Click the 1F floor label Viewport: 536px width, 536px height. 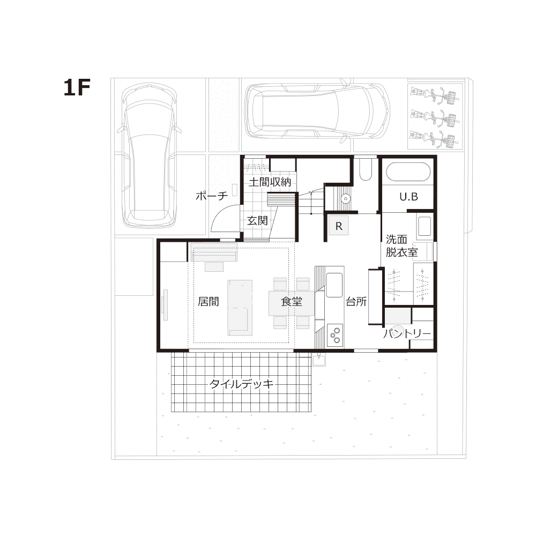(77, 87)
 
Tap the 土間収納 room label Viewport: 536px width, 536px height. (270, 182)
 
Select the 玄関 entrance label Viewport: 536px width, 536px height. (257, 221)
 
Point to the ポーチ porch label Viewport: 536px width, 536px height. (212, 196)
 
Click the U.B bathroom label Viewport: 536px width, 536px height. (408, 197)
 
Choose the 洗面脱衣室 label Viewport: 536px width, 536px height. (401, 246)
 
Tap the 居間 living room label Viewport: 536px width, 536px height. (208, 301)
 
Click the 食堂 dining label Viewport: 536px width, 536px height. (292, 301)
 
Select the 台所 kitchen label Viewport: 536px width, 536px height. (356, 301)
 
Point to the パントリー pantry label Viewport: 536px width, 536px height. (407, 333)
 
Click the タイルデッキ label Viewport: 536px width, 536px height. (242, 384)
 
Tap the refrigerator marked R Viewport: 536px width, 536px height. (339, 226)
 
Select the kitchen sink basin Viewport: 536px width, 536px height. (334, 285)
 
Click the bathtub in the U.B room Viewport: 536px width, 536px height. (408, 172)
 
